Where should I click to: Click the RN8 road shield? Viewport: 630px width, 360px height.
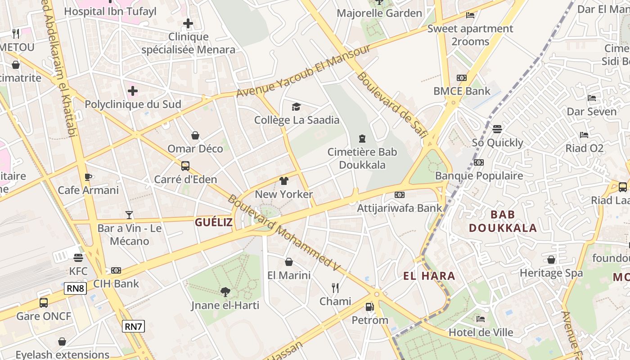pyautogui.click(x=75, y=288)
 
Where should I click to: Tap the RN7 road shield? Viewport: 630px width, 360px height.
pyautogui.click(x=133, y=326)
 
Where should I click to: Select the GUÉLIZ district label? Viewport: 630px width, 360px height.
pyautogui.click(x=214, y=222)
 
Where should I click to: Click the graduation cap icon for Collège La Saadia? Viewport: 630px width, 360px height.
pyautogui.click(x=296, y=107)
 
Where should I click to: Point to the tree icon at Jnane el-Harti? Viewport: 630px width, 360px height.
pyautogui.click(x=225, y=292)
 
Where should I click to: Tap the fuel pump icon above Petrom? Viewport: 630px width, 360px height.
pyautogui.click(x=369, y=307)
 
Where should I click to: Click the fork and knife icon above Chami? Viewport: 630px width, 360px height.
pyautogui.click(x=335, y=288)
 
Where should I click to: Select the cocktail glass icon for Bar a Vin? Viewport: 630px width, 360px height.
pyautogui.click(x=130, y=215)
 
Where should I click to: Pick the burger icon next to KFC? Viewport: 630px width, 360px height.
pyautogui.click(x=78, y=258)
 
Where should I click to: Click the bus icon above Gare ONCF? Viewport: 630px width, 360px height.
pyautogui.click(x=44, y=302)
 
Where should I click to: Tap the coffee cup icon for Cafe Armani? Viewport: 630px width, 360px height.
pyautogui.click(x=88, y=177)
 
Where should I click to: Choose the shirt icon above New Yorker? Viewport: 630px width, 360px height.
pyautogui.click(x=283, y=181)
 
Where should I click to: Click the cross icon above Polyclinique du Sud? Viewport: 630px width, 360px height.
pyautogui.click(x=133, y=91)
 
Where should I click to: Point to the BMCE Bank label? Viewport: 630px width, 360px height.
pyautogui.click(x=462, y=91)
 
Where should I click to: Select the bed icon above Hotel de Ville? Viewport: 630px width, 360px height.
pyautogui.click(x=481, y=319)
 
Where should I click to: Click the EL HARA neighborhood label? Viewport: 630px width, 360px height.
pyautogui.click(x=429, y=276)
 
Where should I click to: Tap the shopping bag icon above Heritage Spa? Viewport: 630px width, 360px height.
pyautogui.click(x=551, y=260)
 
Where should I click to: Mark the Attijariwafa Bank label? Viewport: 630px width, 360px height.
pyautogui.click(x=400, y=208)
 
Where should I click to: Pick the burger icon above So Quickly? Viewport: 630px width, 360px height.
pyautogui.click(x=497, y=129)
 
